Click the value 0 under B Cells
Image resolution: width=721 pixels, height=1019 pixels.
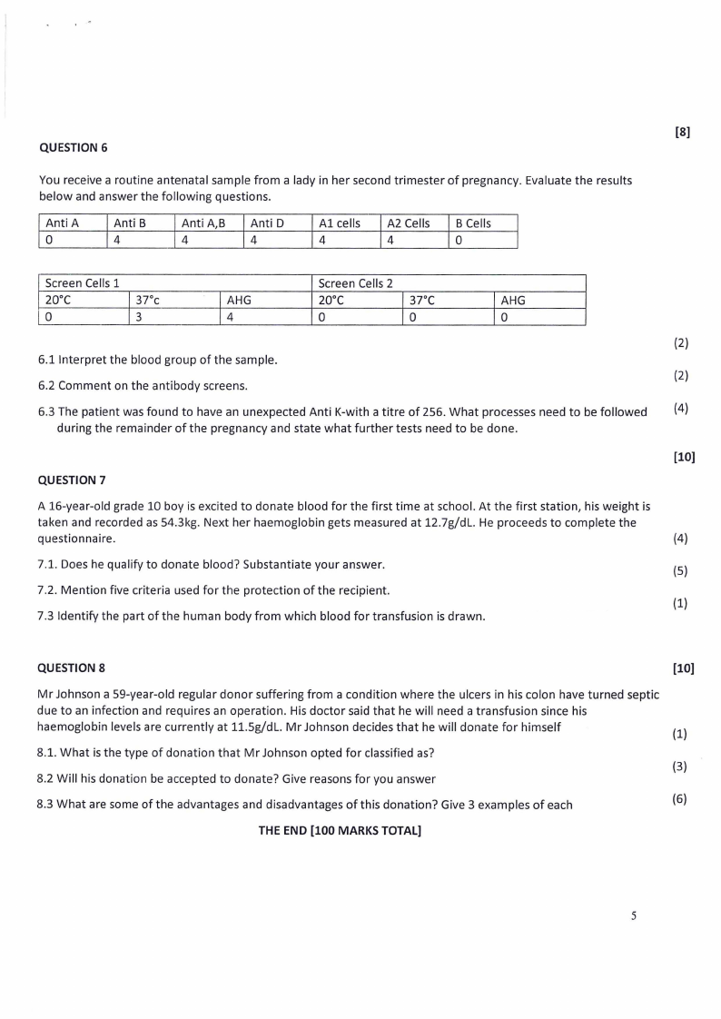(459, 241)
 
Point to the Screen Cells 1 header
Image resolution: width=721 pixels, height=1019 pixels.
(83, 283)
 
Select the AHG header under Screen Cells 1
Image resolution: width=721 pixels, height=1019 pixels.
(239, 301)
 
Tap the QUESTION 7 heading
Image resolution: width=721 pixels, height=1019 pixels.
(74, 480)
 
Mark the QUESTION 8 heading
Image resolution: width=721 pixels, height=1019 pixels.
(74, 668)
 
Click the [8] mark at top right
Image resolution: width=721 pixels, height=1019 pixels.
(683, 132)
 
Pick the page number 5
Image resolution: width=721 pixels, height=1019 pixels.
(634, 915)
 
